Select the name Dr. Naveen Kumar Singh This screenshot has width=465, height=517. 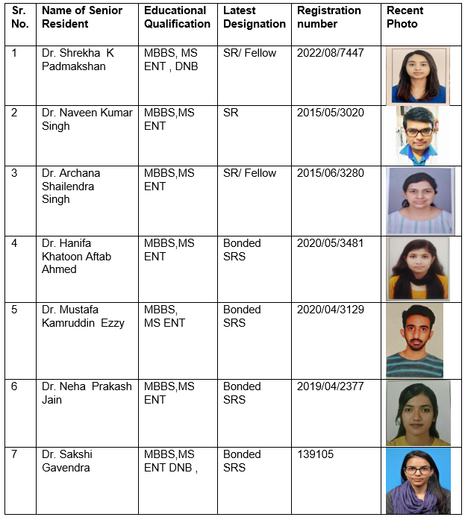[87, 119]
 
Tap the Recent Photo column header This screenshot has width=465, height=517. [405, 17]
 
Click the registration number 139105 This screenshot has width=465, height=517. [316, 454]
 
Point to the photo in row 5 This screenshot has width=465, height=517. [414, 340]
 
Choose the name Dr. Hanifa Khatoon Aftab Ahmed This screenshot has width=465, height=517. [76, 256]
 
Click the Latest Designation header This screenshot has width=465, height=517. [254, 17]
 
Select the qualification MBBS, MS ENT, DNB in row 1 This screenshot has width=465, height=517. [177, 60]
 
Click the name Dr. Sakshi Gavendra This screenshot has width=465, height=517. [67, 460]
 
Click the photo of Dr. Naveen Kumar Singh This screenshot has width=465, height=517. [416, 135]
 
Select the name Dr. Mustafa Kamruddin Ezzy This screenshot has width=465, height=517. [83, 316]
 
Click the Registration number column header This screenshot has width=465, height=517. [328, 17]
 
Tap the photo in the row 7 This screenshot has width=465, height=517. [418, 480]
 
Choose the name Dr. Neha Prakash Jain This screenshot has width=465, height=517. [87, 393]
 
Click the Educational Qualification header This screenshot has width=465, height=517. [177, 17]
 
